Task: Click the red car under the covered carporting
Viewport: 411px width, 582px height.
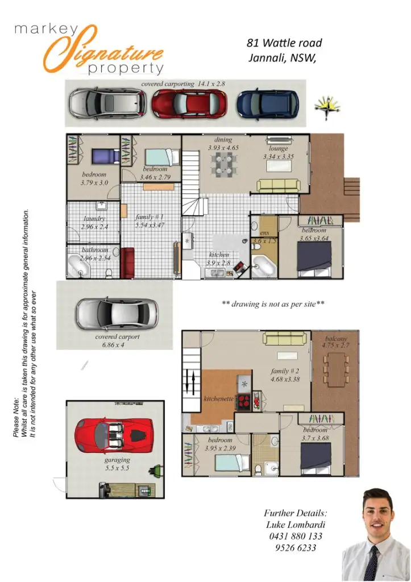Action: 189,103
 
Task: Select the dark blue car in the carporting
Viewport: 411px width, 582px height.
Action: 267,103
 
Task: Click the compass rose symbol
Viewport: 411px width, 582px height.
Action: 326,107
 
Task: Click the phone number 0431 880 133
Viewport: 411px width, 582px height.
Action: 294,536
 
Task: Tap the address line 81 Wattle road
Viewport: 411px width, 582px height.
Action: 284,43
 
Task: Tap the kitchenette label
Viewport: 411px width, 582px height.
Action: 219,399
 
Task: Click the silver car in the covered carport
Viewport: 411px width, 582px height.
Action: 117,313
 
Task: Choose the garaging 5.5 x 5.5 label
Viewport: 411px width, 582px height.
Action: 117,463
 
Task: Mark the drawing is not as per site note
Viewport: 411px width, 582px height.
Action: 273,304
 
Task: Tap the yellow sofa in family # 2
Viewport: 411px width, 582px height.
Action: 285,339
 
